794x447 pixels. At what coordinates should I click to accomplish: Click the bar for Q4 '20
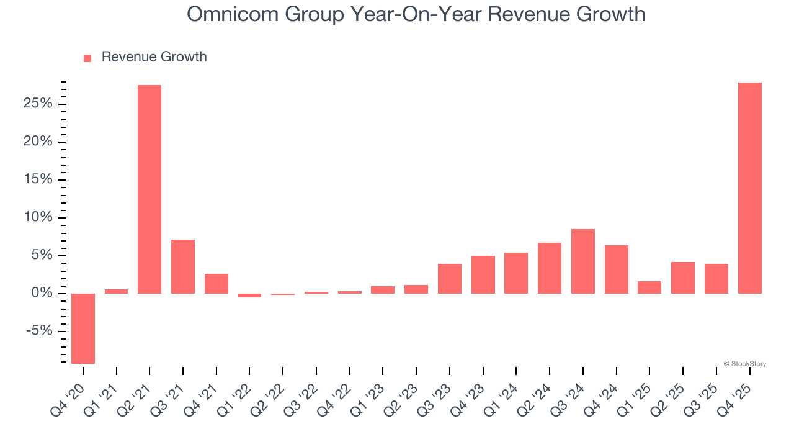click(x=83, y=328)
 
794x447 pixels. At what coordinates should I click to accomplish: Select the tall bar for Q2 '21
click(x=149, y=189)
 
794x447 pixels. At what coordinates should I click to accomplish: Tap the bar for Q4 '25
click(x=749, y=188)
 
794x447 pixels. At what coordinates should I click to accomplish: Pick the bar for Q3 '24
click(x=583, y=261)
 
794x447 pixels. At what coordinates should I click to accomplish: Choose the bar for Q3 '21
click(x=183, y=266)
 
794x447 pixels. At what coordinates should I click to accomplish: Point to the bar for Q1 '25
click(x=649, y=287)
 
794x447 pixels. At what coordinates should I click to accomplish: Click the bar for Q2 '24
click(x=550, y=268)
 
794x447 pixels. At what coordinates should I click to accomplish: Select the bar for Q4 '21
click(x=216, y=284)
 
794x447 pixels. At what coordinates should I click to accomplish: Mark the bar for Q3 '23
click(x=450, y=279)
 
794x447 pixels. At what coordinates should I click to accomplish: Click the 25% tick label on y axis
click(x=38, y=104)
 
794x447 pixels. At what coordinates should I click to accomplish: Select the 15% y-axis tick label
click(x=38, y=179)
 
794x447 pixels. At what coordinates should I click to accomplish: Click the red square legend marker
click(x=87, y=58)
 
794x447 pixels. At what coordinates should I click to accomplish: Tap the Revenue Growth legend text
click(x=154, y=57)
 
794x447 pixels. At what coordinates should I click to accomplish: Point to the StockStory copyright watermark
click(x=744, y=364)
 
